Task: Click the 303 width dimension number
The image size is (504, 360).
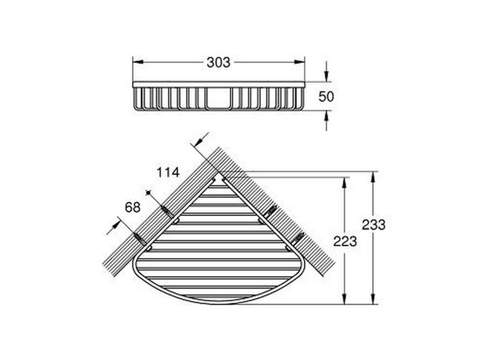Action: click(x=218, y=63)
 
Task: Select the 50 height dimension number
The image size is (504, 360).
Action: click(x=326, y=96)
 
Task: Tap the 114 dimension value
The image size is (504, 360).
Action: click(x=168, y=173)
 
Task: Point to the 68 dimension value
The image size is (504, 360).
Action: click(x=132, y=207)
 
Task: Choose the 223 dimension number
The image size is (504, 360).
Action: click(x=345, y=241)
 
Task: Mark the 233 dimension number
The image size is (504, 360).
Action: click(x=374, y=225)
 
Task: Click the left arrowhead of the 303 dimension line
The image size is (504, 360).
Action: click(x=138, y=63)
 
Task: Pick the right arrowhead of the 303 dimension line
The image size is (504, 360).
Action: click(x=300, y=63)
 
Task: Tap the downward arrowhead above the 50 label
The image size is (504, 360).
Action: click(x=326, y=76)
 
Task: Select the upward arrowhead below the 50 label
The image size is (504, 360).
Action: click(x=326, y=116)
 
